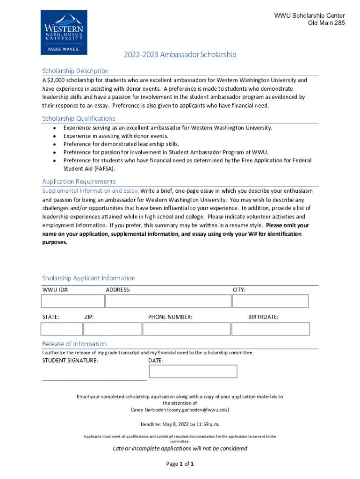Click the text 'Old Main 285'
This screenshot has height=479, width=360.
(326, 23)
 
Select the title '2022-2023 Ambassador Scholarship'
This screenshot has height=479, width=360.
(180, 55)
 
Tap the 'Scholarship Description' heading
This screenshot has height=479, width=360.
(75, 71)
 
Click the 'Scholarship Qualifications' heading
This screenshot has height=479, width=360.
(79, 118)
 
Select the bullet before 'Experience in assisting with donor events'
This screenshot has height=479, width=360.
(55, 136)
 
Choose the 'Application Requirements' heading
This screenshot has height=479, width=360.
(79, 181)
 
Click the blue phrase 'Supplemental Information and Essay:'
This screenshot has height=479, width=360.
(90, 191)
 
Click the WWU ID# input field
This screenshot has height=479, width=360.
(72, 301)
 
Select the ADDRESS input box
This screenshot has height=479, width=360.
(167, 301)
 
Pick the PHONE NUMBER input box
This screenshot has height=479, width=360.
(185, 329)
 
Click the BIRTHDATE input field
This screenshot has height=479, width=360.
(270, 329)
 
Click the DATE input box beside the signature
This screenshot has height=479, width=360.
(193, 371)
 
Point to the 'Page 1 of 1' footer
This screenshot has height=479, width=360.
(180, 464)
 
